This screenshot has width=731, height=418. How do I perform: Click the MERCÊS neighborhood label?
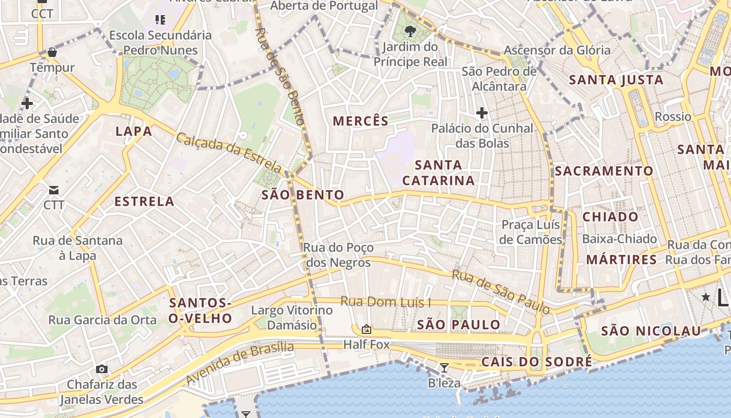coord(360,121)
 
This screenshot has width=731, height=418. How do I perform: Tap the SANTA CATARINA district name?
coord(439,173)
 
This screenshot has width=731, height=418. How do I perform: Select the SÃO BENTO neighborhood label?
coord(303,195)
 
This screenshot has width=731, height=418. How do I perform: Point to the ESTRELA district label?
coord(144,201)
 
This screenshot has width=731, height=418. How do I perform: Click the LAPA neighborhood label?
coord(134,131)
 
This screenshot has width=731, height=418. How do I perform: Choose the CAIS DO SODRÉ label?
coord(537,362)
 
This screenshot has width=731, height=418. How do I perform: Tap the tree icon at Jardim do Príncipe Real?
coord(410,31)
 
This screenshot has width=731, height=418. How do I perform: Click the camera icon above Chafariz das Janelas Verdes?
coord(102,369)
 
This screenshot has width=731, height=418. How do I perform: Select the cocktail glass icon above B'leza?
coord(444,368)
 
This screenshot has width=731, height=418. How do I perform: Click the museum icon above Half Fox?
coord(367,329)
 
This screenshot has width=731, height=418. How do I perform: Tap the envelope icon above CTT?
coord(54,190)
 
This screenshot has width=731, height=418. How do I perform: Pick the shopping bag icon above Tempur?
coord(52,52)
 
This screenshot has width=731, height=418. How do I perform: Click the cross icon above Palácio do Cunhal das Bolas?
coord(481,112)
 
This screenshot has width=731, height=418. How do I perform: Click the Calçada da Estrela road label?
coord(229,153)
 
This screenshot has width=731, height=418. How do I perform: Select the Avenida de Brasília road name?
coord(240,364)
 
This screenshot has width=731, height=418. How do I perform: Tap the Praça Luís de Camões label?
coord(531,232)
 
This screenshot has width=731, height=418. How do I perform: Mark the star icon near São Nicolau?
coord(706,297)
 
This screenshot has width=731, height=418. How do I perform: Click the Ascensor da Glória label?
coord(557,50)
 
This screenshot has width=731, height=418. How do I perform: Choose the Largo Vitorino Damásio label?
coord(292,318)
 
